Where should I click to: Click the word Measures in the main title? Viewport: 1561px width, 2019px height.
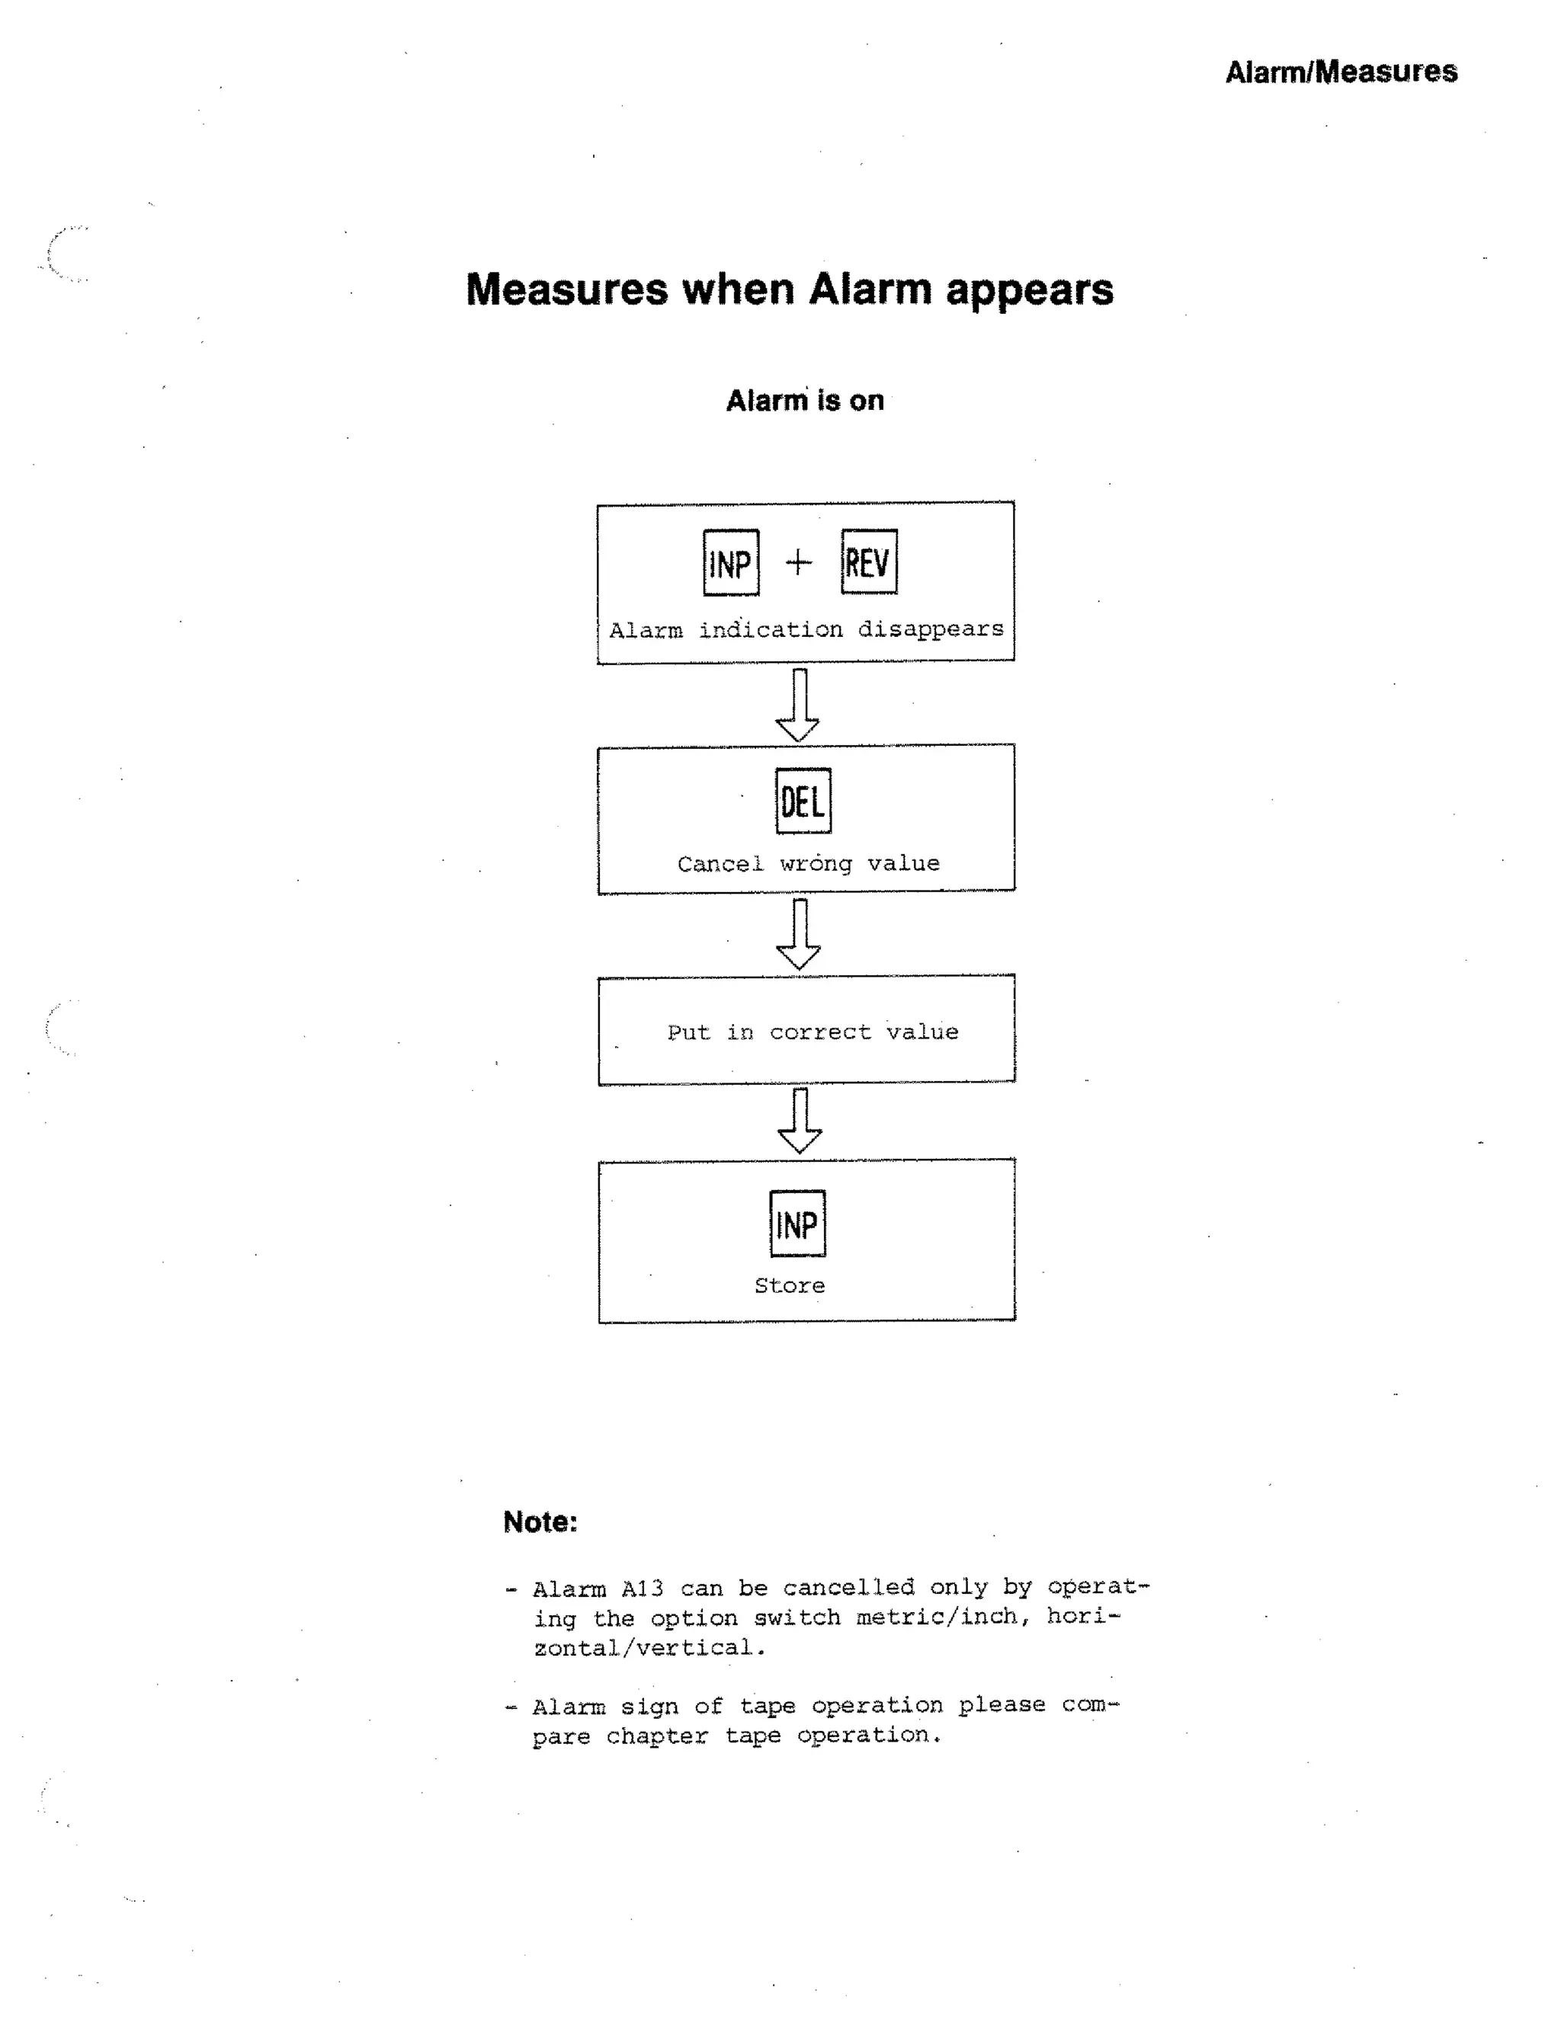click(566, 290)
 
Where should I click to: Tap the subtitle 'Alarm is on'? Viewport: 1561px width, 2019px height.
click(805, 400)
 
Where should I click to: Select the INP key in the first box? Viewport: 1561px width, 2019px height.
click(730, 562)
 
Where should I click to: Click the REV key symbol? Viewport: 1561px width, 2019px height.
click(868, 562)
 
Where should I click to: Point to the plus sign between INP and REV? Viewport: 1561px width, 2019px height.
click(798, 562)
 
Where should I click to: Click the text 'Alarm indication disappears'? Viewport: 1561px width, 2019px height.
click(806, 629)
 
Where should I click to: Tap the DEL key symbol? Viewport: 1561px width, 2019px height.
click(803, 801)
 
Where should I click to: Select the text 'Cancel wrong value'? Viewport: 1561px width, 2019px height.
click(808, 863)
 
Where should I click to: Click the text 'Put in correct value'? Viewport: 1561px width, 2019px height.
click(813, 1032)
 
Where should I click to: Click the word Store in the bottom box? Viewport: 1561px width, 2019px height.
click(790, 1285)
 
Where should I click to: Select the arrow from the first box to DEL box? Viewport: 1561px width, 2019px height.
click(798, 706)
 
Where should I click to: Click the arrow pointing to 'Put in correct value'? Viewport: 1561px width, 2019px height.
click(799, 934)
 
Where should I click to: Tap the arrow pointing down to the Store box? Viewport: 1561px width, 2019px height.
click(800, 1121)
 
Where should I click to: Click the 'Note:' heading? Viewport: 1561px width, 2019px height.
click(540, 1521)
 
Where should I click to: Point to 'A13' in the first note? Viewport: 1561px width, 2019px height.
click(642, 1589)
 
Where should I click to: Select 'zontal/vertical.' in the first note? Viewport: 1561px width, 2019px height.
click(649, 1647)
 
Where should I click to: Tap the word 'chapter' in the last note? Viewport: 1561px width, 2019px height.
click(656, 1736)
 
